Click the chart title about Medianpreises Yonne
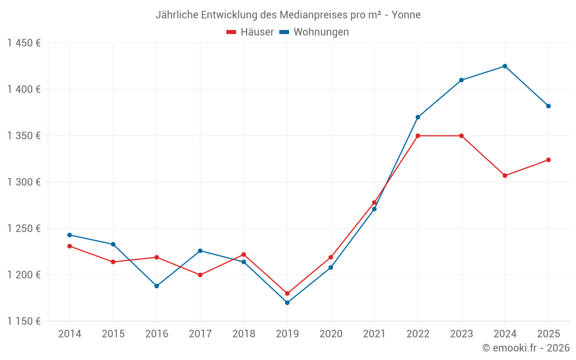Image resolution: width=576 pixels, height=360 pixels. tap(288, 14)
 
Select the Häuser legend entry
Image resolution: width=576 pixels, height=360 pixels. tap(251, 32)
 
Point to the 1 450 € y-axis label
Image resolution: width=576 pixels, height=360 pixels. tap(24, 43)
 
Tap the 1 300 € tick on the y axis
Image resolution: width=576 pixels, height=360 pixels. tap(24, 182)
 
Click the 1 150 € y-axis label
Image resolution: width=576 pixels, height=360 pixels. tap(24, 321)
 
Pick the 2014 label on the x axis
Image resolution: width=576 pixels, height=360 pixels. tap(70, 334)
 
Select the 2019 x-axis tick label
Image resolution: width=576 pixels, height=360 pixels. tap(287, 334)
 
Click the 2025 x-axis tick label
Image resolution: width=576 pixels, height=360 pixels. tap(548, 334)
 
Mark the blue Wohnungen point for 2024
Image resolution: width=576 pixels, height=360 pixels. tap(505, 66)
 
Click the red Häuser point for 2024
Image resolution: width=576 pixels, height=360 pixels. tap(505, 176)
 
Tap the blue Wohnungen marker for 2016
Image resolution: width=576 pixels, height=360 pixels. tap(157, 286)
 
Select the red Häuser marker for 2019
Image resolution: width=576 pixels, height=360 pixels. tap(287, 293)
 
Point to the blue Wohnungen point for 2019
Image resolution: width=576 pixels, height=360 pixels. tap(287, 302)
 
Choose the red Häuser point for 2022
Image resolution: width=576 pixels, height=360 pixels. tap(418, 136)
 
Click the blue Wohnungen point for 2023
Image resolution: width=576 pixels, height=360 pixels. tap(461, 80)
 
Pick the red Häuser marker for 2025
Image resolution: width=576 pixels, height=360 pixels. tap(548, 160)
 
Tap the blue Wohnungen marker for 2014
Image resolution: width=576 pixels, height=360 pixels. tap(70, 235)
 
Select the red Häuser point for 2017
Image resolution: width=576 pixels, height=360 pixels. tap(200, 275)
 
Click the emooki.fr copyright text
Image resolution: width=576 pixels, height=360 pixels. tap(525, 348)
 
